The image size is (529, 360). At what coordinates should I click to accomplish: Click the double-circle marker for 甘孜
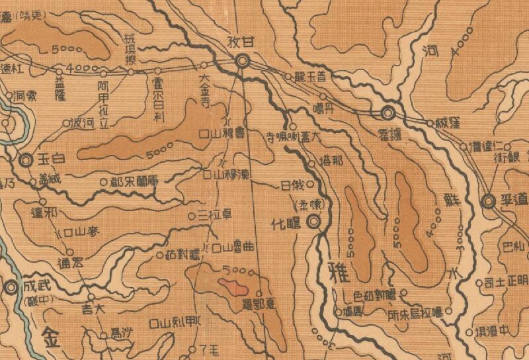point(243,62)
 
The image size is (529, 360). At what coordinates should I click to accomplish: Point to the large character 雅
point(336,271)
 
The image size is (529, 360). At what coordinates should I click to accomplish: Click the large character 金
point(52,333)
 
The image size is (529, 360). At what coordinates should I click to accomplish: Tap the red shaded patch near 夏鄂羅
point(232,287)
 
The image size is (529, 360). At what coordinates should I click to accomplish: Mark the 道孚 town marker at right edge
point(489,201)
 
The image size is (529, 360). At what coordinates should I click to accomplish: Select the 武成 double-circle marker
point(11,287)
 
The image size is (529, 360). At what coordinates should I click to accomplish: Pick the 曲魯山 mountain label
point(233,247)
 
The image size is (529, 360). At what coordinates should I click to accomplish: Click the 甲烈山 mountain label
point(179,323)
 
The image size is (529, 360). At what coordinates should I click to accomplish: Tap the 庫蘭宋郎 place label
point(131,179)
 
